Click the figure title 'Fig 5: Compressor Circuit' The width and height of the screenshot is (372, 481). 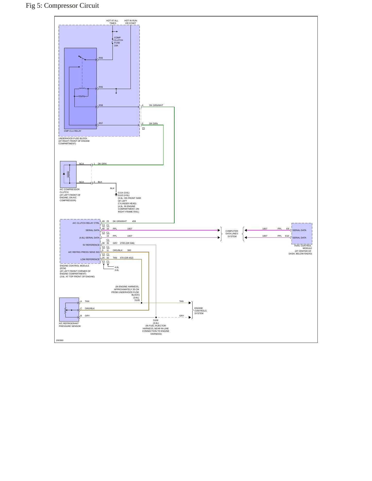coord(62,6)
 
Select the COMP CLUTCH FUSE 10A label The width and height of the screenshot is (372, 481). coord(118,42)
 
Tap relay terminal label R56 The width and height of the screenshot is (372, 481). coord(101,58)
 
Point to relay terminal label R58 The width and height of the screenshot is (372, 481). coord(101,105)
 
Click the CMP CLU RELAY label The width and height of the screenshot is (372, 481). coord(73,131)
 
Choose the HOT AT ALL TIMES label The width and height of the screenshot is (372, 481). coord(112,22)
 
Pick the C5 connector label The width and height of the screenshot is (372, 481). coord(143,128)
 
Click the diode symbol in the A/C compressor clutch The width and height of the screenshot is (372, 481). coord(64,174)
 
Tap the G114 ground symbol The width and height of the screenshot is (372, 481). coord(116,194)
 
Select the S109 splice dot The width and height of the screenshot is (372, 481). coord(142,303)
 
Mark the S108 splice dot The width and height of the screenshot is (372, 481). coord(156,317)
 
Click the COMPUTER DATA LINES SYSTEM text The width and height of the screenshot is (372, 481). coord(232,234)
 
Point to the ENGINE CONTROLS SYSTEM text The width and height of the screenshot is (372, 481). coord(200,311)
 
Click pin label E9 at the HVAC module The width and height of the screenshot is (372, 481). coord(288,229)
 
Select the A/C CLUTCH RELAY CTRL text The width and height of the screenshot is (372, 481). coord(86,223)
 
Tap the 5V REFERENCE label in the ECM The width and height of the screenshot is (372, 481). coord(91,245)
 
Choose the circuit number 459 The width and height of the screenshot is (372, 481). coord(134,221)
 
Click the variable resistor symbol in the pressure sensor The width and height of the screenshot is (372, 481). coord(66,310)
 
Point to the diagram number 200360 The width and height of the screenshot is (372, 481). coord(60,341)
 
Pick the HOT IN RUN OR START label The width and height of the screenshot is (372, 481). coord(131,22)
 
